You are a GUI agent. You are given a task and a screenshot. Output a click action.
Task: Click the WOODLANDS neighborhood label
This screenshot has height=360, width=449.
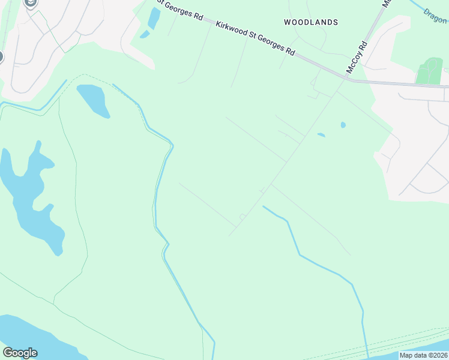click(x=310, y=22)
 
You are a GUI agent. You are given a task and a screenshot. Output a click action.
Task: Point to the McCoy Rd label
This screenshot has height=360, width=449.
click(x=355, y=58)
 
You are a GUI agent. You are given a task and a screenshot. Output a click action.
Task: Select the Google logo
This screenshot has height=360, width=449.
click(x=20, y=353)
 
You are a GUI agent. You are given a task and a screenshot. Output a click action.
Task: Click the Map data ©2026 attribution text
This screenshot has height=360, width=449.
click(x=423, y=355)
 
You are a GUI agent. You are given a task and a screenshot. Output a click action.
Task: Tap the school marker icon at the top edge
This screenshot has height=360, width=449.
click(x=31, y=3)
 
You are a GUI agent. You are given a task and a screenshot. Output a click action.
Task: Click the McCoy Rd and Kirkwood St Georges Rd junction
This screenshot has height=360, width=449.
click(x=347, y=78)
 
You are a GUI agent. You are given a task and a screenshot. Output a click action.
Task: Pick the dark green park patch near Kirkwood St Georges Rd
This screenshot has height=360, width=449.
click(x=429, y=71)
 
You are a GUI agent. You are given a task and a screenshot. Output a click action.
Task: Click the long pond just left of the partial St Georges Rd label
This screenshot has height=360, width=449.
click(x=154, y=19)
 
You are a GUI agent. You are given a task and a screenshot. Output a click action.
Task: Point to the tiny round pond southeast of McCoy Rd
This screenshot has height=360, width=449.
click(x=343, y=125)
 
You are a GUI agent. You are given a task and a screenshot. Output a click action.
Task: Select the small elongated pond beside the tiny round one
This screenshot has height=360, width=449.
click(x=321, y=134)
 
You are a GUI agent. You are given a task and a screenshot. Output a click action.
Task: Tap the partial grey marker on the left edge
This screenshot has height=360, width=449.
click(x=1, y=58)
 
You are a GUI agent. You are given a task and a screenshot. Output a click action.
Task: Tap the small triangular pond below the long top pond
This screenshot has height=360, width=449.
click(x=145, y=34)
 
